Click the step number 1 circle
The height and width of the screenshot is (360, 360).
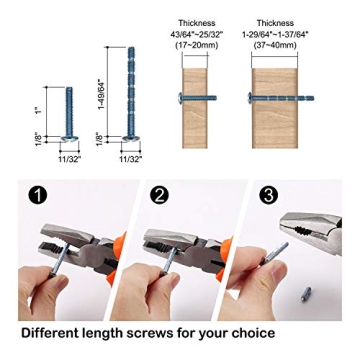(38, 196)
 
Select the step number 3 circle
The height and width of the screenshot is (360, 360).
(268, 196)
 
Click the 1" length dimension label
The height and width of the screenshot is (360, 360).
(36, 110)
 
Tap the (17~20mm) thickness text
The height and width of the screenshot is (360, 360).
(195, 43)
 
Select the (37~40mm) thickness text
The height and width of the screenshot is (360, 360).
(274, 43)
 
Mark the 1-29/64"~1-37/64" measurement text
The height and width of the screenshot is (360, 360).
(274, 33)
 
